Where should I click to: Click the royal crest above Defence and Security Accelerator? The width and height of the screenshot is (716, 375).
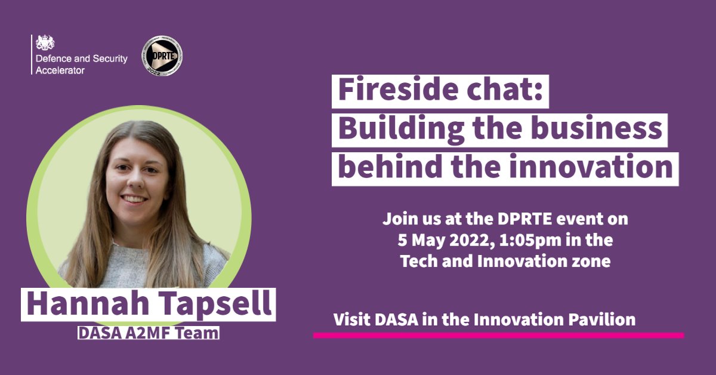pos(45,42)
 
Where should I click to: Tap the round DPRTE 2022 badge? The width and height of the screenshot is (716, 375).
pos(162,56)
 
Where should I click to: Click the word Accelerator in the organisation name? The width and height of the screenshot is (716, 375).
pos(60,70)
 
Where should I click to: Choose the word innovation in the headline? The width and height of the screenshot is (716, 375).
pos(602,167)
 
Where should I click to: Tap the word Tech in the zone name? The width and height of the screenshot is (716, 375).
pos(419,261)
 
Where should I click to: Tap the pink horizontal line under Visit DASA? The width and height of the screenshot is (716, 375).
pos(498,336)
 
